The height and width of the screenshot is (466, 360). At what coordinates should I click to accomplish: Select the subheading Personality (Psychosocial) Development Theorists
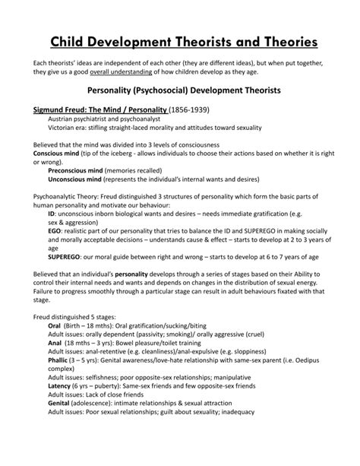point(180,90)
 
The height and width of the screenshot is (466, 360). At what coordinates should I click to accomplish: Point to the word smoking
point(188,353)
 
